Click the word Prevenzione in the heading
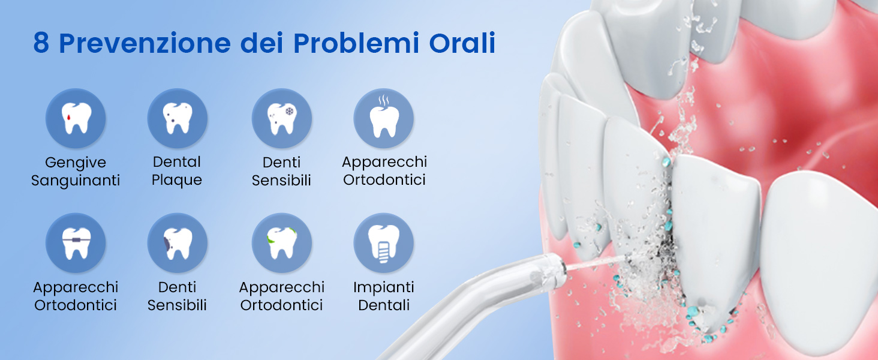[145, 43]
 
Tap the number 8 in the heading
[41, 43]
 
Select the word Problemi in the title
[356, 43]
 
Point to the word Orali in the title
[462, 43]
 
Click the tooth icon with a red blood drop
[76, 118]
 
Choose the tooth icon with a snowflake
[281, 118]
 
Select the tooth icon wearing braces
[76, 243]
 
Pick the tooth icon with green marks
[281, 243]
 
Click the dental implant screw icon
[384, 243]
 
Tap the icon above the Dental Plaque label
[177, 118]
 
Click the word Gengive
[76, 163]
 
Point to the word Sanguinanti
[76, 181]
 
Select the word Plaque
[177, 180]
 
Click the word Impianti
[384, 287]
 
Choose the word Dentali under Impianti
[384, 305]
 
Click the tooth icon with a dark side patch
[177, 243]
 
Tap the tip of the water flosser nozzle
[564, 268]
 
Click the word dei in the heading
[262, 43]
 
